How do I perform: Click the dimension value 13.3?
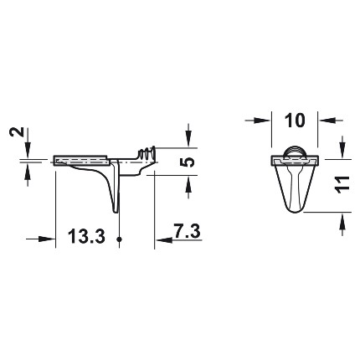pyautogui.click(x=86, y=235)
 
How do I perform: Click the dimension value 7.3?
pyautogui.click(x=187, y=231)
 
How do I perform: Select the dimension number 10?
pyautogui.click(x=295, y=121)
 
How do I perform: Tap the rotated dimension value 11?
pyautogui.click(x=342, y=185)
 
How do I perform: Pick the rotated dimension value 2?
pyautogui.click(x=17, y=131)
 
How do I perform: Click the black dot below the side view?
pyautogui.click(x=120, y=239)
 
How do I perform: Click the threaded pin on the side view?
pyautogui.click(x=147, y=153)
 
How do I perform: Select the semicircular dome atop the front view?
pyautogui.click(x=295, y=152)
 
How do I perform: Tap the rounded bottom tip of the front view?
pyautogui.click(x=295, y=211)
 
